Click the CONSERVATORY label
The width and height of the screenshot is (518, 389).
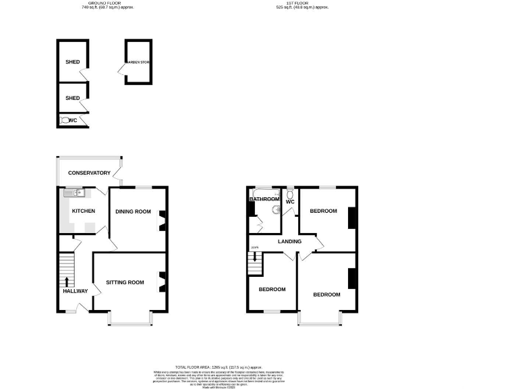(89, 173)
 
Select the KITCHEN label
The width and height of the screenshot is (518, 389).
(84, 211)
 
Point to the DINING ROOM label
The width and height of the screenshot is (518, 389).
(133, 212)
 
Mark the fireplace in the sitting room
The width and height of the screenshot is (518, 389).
(162, 281)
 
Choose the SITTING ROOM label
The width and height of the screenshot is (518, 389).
(125, 282)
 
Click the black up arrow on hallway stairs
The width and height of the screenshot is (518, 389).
(67, 282)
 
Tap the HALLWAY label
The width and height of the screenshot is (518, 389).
(75, 291)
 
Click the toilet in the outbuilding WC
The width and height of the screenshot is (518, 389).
(65, 120)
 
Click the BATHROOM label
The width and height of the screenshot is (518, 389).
(264, 199)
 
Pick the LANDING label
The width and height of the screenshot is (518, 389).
(289, 241)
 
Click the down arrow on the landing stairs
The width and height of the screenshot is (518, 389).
(255, 256)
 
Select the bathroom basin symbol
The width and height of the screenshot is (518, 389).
(274, 209)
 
